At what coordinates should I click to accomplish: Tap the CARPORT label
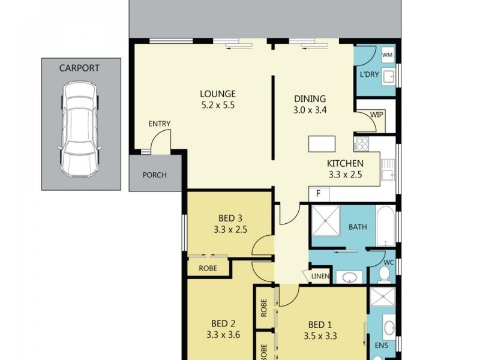click(x=79, y=68)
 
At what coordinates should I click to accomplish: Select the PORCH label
click(x=154, y=175)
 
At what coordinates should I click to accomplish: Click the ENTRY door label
click(x=160, y=124)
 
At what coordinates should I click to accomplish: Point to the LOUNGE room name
click(x=218, y=94)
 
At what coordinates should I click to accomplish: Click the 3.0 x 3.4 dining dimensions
click(x=310, y=110)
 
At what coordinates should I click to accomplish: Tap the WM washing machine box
click(x=388, y=55)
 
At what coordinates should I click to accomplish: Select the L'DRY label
click(x=368, y=74)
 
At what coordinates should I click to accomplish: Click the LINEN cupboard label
click(x=320, y=276)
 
